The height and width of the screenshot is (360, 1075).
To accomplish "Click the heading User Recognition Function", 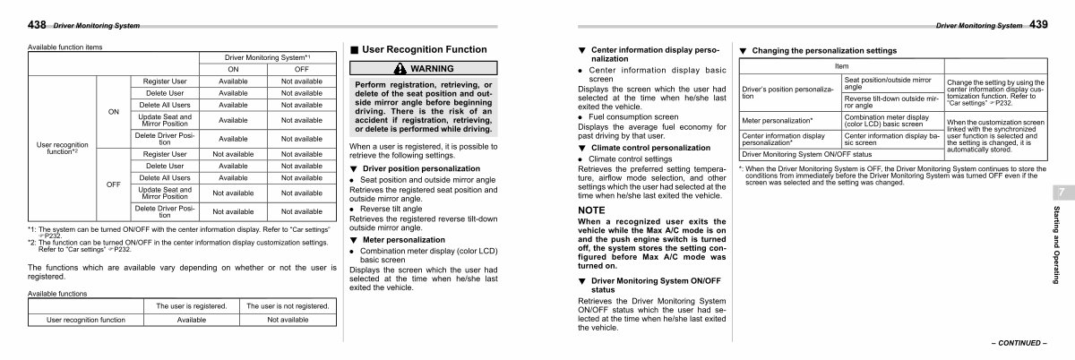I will click(x=425, y=49).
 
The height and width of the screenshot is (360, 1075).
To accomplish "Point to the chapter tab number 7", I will click(x=1060, y=193).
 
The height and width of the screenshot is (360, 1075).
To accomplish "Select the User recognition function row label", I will click(x=62, y=147).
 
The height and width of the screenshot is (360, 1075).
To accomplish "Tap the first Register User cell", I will click(x=164, y=81).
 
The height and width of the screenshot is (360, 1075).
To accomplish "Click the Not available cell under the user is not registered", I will click(x=288, y=319).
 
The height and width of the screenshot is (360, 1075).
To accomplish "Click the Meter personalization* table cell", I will click(x=777, y=119).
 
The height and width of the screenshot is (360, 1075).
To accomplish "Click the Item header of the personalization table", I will click(x=841, y=66).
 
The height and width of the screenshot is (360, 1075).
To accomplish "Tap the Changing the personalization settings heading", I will click(x=823, y=50).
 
